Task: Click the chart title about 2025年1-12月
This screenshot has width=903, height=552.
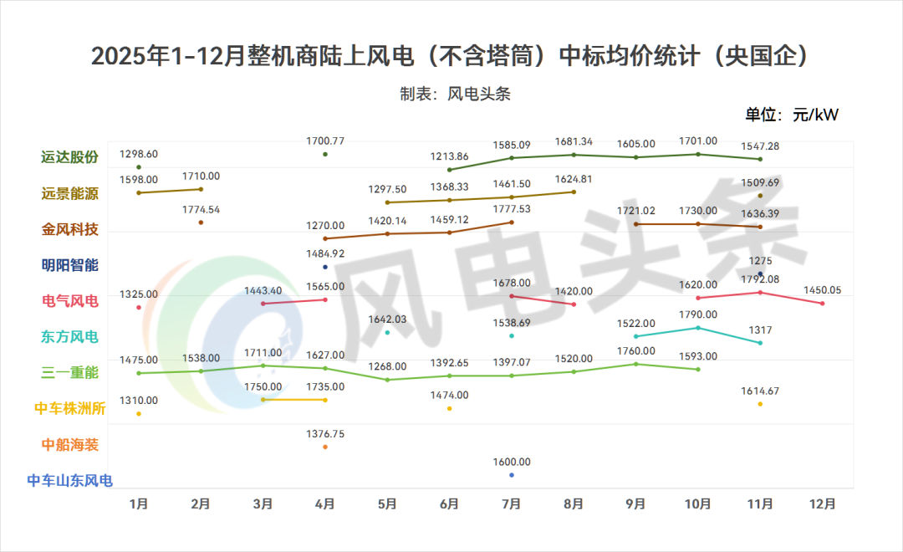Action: (451, 56)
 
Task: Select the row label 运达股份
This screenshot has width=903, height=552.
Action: (69, 157)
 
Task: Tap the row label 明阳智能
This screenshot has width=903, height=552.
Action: (69, 265)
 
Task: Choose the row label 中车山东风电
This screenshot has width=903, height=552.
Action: (69, 480)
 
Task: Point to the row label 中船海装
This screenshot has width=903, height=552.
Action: (69, 445)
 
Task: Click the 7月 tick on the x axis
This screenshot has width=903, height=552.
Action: (511, 504)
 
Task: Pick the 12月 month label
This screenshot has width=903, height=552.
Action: (823, 504)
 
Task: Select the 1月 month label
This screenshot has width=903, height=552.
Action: (139, 504)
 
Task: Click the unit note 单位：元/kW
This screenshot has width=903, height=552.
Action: (791, 115)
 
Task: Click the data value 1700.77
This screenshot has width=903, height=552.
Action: (325, 141)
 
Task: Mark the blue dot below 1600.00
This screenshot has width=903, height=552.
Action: (512, 475)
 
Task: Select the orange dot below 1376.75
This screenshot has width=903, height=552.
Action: (325, 447)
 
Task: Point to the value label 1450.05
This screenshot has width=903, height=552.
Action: (823, 290)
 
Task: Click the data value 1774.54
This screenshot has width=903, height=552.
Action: (201, 209)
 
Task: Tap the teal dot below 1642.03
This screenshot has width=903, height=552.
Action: (387, 332)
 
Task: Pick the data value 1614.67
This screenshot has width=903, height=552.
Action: (760, 391)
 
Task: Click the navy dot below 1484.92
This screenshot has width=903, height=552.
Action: (325, 267)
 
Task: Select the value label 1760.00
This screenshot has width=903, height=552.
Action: (635, 350)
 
